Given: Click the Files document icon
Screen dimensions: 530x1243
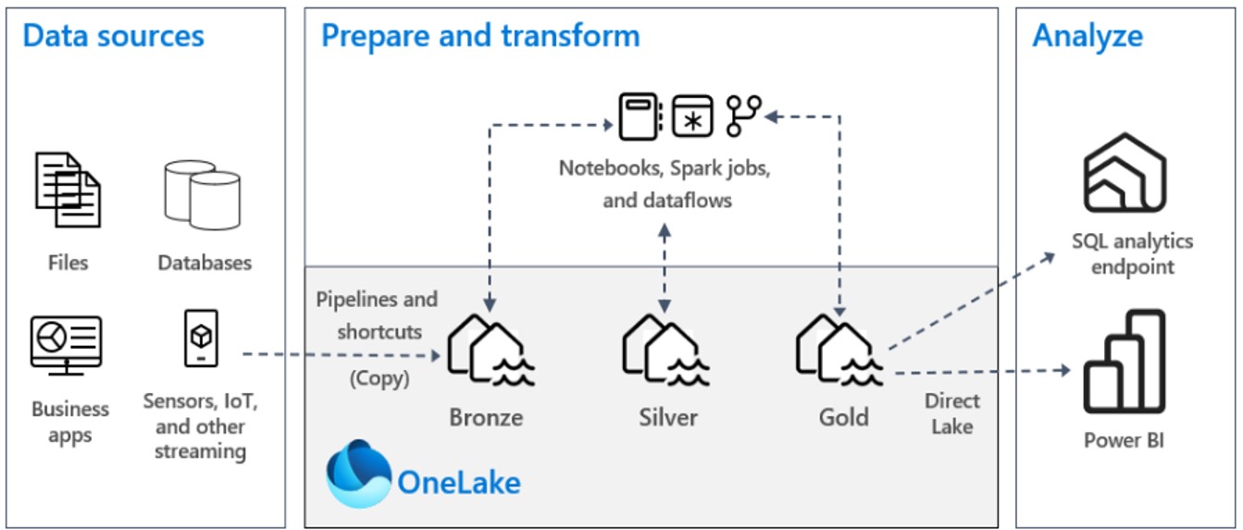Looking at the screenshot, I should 68,190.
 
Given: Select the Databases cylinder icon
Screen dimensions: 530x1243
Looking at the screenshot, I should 201,193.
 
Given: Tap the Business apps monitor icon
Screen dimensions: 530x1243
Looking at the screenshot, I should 66,345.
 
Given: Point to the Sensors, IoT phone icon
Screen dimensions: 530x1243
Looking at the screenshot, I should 201,339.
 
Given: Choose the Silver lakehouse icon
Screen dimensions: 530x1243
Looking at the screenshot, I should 665,351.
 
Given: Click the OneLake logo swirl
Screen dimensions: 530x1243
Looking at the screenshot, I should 359,474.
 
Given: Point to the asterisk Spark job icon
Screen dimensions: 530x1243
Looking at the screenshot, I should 691,117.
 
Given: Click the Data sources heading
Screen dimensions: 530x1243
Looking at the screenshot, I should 113,36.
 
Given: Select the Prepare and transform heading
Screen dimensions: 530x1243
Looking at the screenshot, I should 479,36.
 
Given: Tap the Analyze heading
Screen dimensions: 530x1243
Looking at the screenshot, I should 1087,36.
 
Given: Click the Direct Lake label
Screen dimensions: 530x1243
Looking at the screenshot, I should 952,413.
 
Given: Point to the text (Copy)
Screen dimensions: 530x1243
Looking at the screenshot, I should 379,378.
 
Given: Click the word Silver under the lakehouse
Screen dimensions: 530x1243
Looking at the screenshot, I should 668,417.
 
